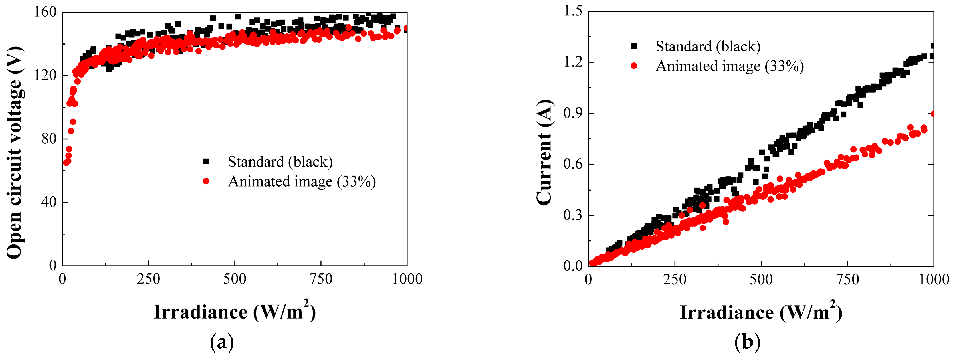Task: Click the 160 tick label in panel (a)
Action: click(x=45, y=12)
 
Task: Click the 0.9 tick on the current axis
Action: click(x=573, y=113)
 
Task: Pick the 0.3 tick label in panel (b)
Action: click(x=573, y=215)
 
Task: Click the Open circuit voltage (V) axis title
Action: click(x=15, y=152)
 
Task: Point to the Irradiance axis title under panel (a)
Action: click(x=235, y=312)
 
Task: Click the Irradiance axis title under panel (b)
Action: click(x=761, y=312)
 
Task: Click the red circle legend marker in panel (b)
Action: click(x=634, y=66)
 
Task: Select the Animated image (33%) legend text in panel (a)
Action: click(x=302, y=182)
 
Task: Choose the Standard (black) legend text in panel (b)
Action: click(x=708, y=46)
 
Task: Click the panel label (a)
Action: click(x=222, y=342)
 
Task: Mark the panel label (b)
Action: click(x=747, y=342)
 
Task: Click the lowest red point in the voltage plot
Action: click(x=66, y=162)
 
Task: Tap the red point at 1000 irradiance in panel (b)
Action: click(x=933, y=114)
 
